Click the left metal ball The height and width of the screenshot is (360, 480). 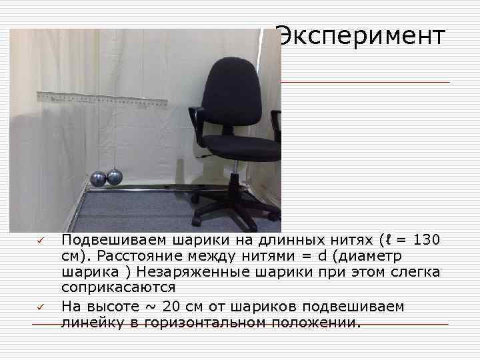point(99,179)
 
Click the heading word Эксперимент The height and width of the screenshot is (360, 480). point(360,36)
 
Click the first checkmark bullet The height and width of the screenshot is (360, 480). point(39,240)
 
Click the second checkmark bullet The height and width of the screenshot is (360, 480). point(39,306)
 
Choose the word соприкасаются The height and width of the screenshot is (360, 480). point(119,288)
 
